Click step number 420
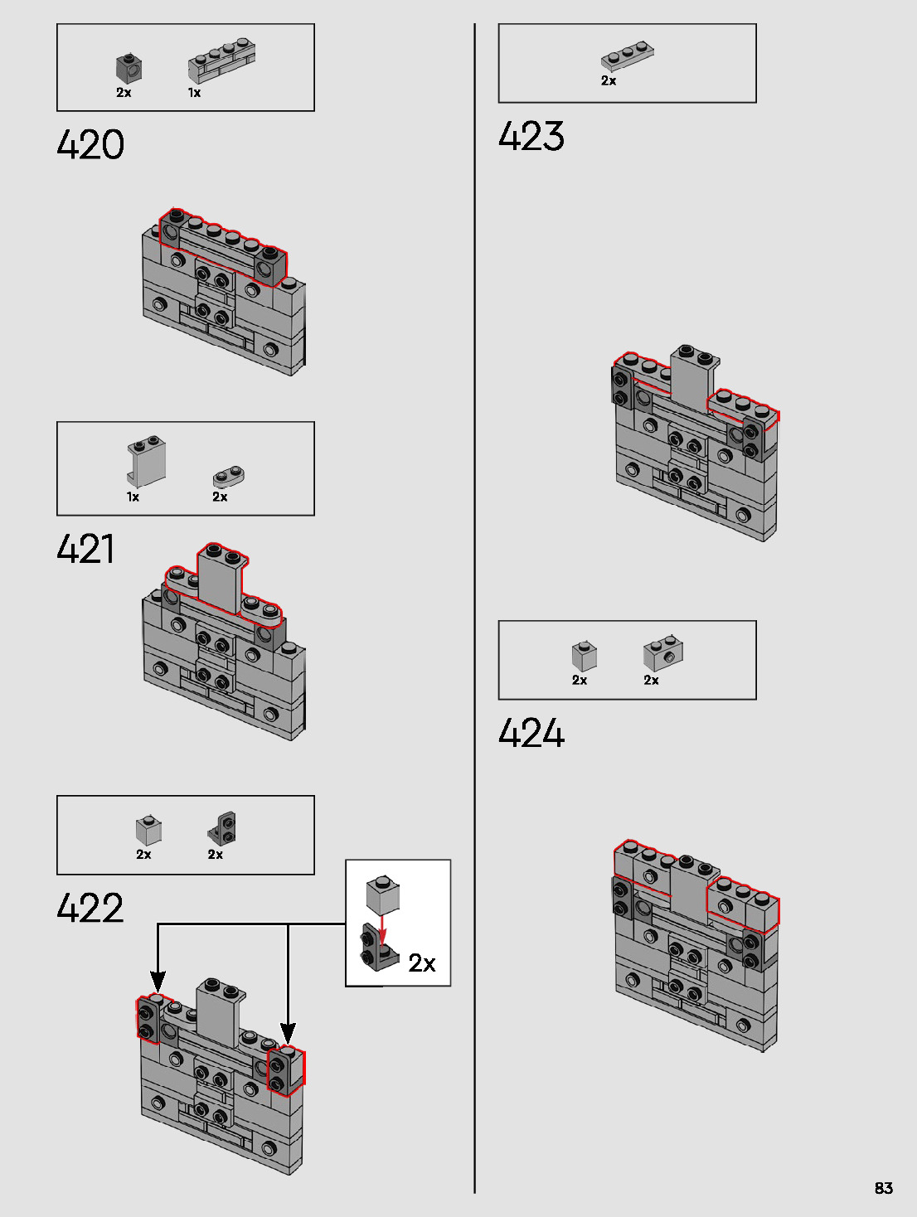coord(90,145)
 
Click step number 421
coord(85,549)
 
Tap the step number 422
coord(90,909)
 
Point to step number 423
coord(531,136)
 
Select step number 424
coord(531,734)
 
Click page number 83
coord(884,1188)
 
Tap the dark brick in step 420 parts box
coord(129,68)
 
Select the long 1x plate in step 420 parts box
coord(221,61)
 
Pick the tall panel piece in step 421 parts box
coord(147,461)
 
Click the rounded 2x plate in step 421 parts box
coord(228,477)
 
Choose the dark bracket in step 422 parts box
coord(222,828)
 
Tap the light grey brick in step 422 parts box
coord(148,830)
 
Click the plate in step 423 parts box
coord(627,56)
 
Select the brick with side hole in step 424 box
coord(663,653)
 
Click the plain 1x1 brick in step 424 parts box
coord(584,656)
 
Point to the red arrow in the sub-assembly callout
coord(382,929)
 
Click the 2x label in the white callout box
coord(421,962)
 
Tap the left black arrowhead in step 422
coord(158,982)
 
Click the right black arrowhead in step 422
coord(288,1033)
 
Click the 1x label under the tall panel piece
coord(133,497)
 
